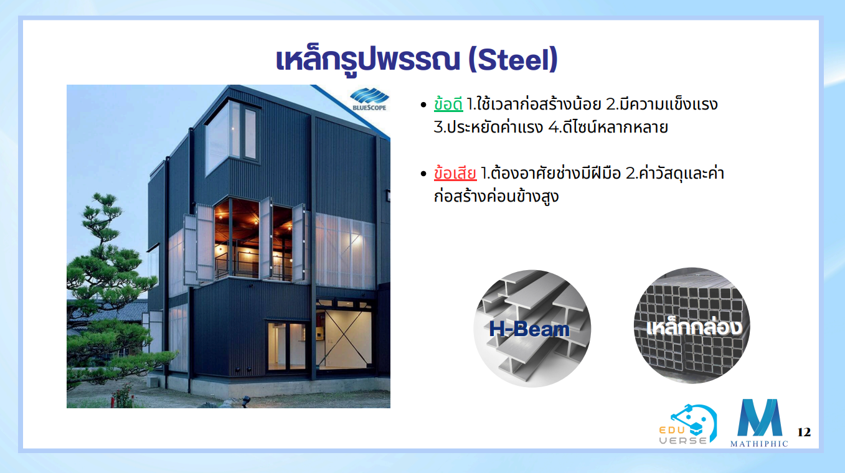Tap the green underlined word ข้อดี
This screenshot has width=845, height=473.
[448, 104]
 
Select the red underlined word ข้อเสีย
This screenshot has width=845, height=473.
[455, 173]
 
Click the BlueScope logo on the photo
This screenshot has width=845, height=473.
[369, 100]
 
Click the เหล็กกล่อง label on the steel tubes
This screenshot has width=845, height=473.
[694, 326]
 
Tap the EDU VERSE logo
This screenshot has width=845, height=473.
[687, 424]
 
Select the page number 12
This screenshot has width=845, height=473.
[804, 432]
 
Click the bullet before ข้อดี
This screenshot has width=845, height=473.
[423, 105]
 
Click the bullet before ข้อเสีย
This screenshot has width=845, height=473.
[423, 174]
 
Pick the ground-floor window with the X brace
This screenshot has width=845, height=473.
[344, 337]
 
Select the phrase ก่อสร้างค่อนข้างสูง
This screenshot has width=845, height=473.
[496, 197]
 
